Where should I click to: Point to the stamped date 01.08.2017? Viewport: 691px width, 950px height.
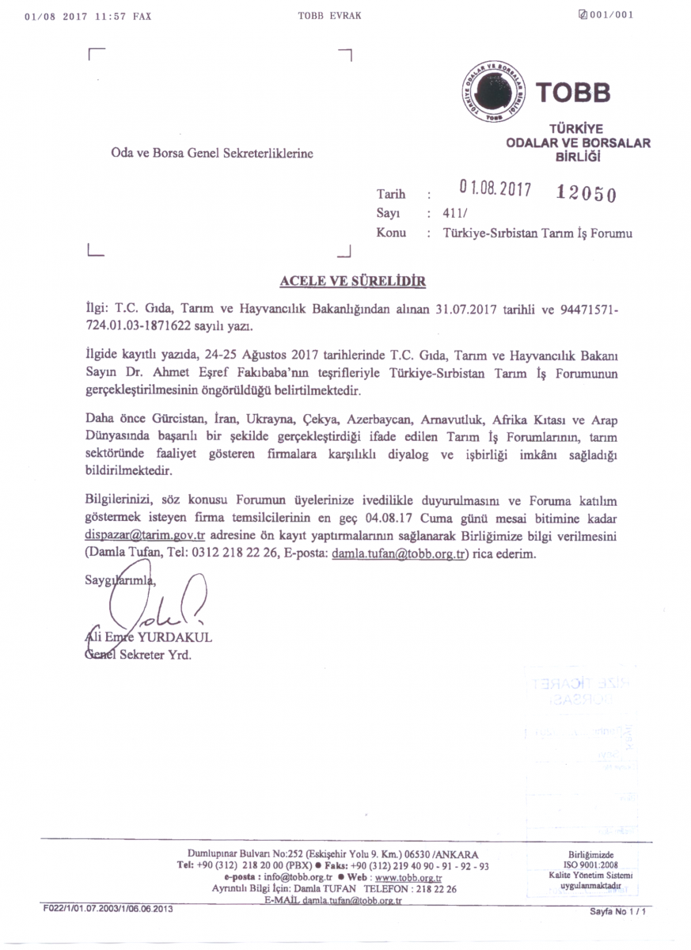pyautogui.click(x=495, y=190)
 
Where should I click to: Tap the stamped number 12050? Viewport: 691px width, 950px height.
pyautogui.click(x=587, y=192)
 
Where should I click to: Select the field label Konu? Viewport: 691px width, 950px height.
pyautogui.click(x=391, y=233)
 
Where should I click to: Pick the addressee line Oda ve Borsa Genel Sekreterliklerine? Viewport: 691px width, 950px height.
pyautogui.click(x=212, y=154)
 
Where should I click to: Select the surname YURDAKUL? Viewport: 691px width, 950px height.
pyautogui.click(x=175, y=637)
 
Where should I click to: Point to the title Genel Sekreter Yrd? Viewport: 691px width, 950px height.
pyautogui.click(x=138, y=655)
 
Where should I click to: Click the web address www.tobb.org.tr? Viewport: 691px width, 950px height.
pyautogui.click(x=408, y=878)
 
